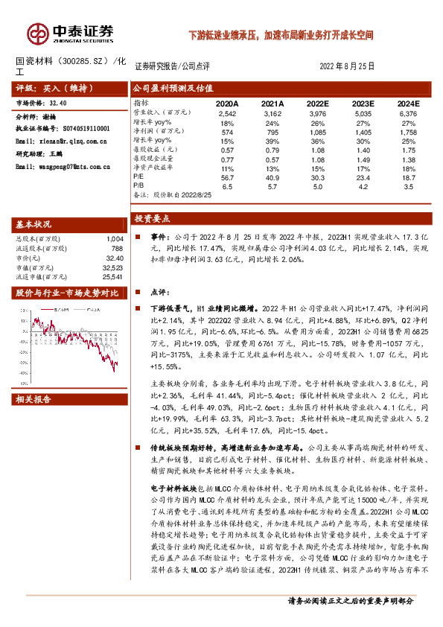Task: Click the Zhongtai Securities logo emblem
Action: point(37,32)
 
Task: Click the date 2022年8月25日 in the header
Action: point(348,66)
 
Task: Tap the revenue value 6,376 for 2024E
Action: point(408,113)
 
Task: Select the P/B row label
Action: point(139,187)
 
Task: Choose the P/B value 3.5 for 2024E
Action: point(408,187)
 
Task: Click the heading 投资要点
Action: point(152,219)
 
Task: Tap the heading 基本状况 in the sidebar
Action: point(34,225)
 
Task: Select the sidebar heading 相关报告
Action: point(34,400)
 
